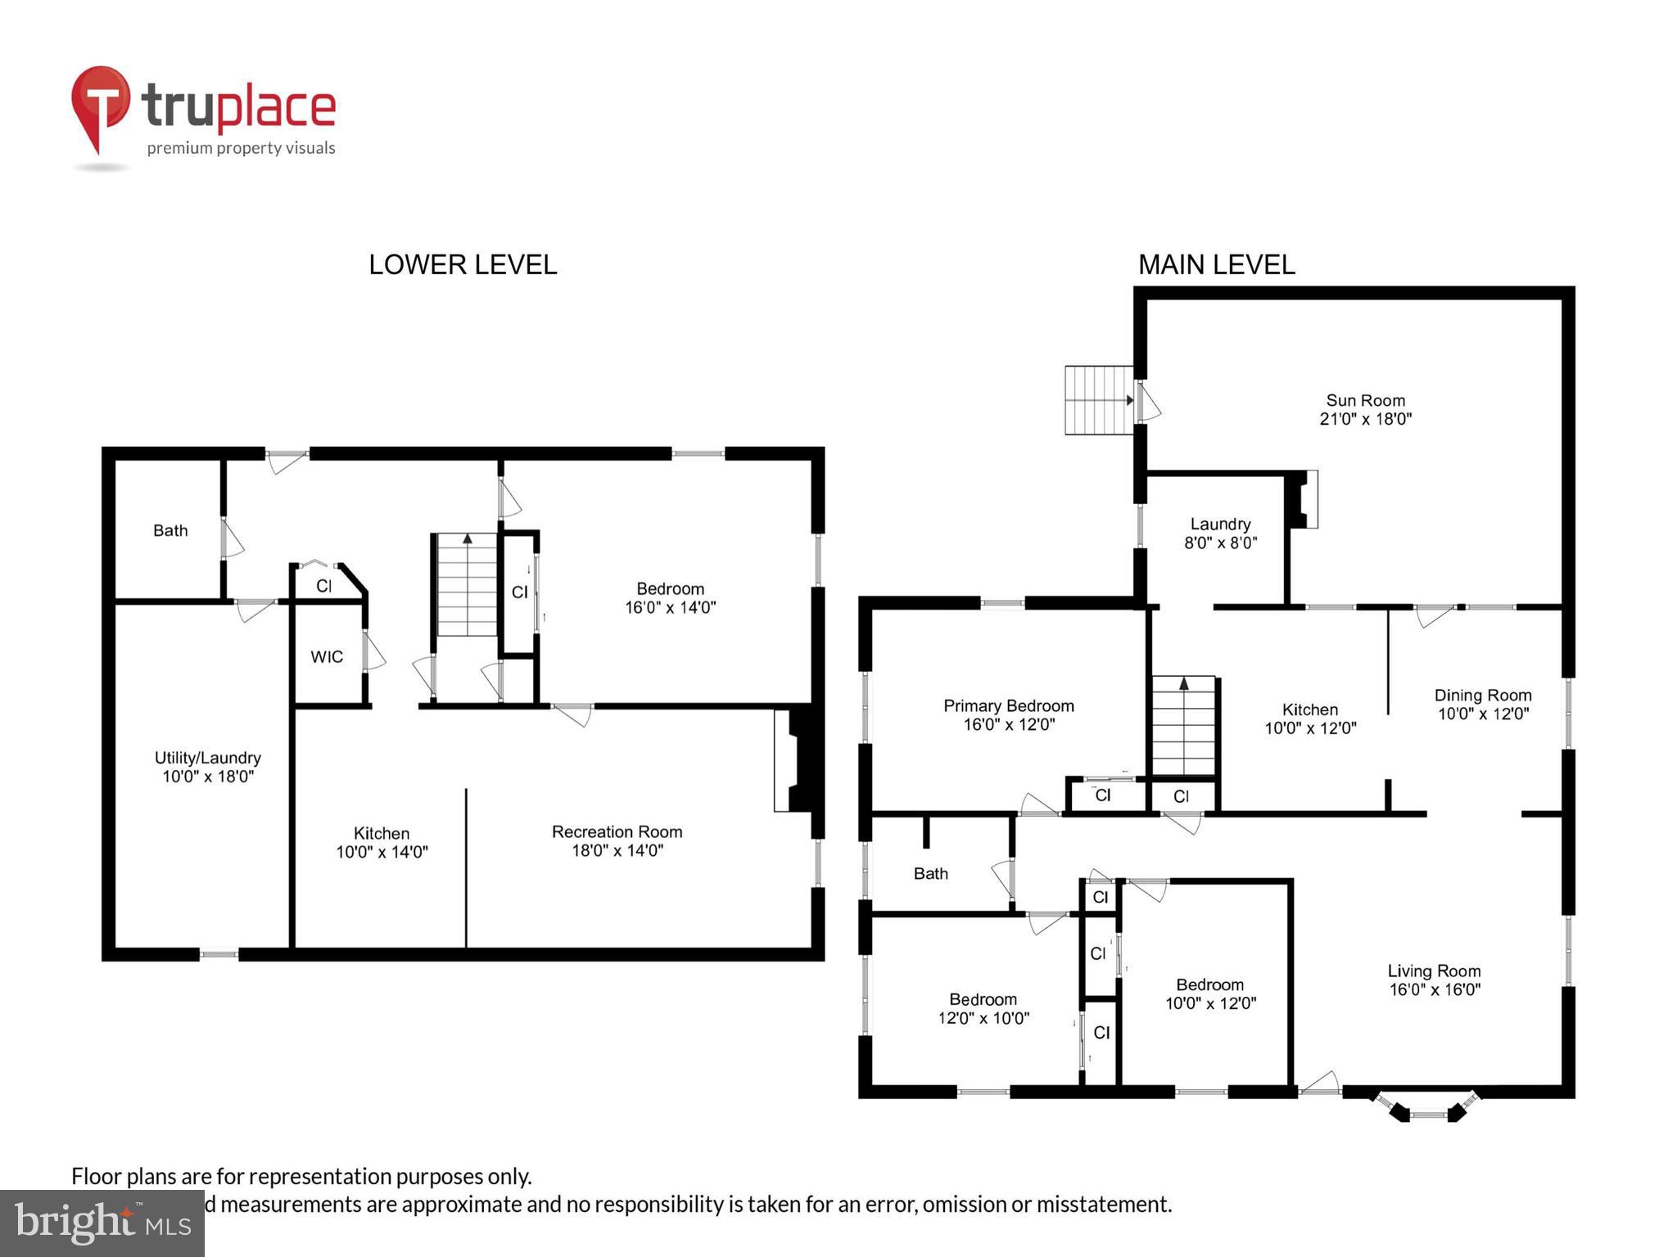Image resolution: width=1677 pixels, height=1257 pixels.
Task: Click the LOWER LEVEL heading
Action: [463, 264]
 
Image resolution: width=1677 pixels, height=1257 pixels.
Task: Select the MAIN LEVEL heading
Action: [1216, 264]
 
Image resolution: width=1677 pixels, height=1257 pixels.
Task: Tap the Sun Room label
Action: [1365, 400]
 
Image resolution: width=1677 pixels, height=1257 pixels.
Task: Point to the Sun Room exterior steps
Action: [1098, 400]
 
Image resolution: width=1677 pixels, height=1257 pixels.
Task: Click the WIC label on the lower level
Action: [327, 656]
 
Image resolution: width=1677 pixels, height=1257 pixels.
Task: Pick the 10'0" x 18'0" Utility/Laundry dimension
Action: [208, 776]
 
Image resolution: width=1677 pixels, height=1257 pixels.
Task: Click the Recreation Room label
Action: [617, 831]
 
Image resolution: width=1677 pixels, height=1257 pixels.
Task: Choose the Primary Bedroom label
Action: [1008, 705]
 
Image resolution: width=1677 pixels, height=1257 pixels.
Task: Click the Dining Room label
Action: [1482, 695]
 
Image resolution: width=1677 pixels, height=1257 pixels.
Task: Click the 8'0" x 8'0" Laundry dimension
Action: [1220, 543]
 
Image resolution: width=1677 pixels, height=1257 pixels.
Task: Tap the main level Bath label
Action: [930, 873]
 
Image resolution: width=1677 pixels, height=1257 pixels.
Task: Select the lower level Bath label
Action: [170, 530]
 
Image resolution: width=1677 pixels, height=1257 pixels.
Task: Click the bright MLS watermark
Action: [102, 1223]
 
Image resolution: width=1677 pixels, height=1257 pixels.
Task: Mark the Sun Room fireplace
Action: [1303, 498]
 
